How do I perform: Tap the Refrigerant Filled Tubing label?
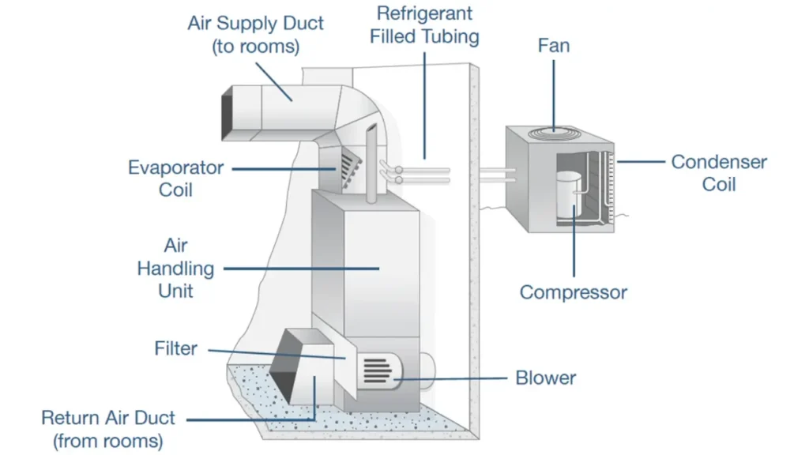point(424,24)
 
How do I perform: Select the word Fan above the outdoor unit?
point(554,45)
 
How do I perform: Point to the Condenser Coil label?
point(719,173)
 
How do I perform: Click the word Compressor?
point(574,292)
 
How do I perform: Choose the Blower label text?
point(545,378)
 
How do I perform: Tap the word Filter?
point(175,348)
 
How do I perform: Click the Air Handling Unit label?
point(175,268)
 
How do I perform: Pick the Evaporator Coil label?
point(175,179)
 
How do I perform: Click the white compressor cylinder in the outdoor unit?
point(569,194)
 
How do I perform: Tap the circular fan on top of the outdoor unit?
point(554,133)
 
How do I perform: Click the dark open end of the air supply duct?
point(227,114)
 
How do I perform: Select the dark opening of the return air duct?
point(284,367)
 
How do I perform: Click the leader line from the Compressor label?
point(574,241)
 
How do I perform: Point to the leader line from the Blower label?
point(450,378)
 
